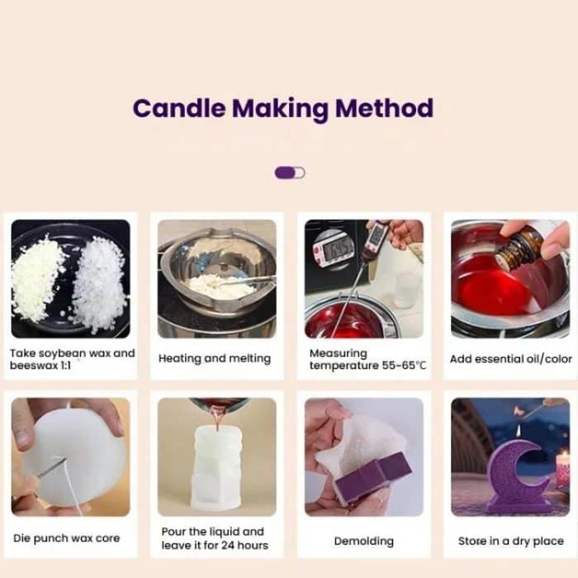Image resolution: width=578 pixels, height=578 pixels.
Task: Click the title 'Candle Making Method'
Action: point(282,109)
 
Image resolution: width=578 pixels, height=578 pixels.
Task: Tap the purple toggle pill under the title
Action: point(289,173)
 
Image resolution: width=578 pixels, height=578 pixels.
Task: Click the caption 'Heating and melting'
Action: point(215,358)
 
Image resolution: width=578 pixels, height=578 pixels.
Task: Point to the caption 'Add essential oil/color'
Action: point(510,359)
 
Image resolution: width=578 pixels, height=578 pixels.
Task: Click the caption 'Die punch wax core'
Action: point(66,538)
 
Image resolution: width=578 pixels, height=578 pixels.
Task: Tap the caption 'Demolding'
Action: point(362,541)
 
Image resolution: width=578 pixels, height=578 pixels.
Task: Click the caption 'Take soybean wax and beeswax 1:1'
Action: point(72,359)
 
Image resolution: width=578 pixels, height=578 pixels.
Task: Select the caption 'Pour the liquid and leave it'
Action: point(215,538)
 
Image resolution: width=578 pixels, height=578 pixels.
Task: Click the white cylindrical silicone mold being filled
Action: point(216,467)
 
